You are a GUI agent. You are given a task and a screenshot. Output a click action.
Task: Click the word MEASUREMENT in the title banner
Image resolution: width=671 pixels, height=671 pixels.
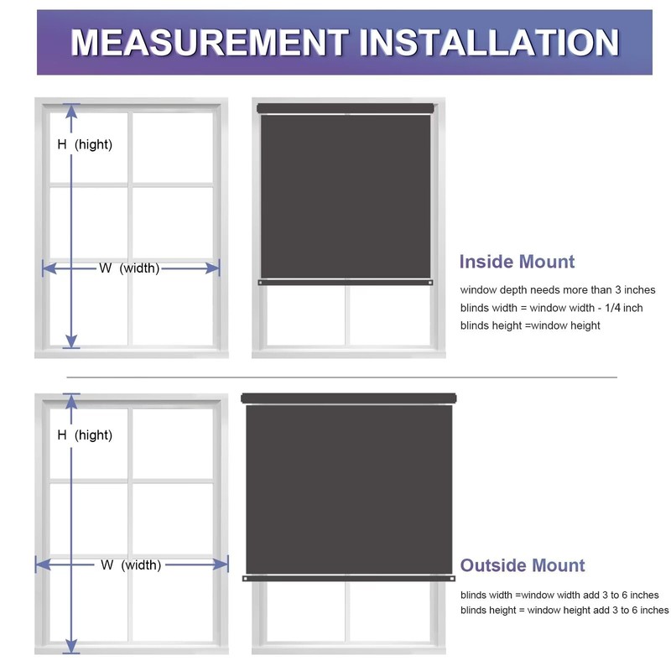tap(208, 42)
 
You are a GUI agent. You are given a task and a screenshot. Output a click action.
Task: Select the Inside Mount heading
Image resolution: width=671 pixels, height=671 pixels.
tap(517, 262)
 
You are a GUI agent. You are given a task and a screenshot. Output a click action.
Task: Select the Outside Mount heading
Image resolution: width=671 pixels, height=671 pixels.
tap(523, 565)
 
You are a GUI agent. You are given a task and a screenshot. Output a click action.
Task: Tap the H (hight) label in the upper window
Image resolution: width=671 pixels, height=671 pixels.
tap(85, 144)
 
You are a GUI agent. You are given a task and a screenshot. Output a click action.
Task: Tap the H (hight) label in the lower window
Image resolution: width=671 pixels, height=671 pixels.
tap(85, 435)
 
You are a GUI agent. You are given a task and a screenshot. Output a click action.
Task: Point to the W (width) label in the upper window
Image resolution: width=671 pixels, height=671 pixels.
tap(129, 268)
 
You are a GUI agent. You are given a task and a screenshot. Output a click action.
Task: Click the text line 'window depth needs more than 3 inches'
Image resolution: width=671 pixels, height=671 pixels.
tap(557, 290)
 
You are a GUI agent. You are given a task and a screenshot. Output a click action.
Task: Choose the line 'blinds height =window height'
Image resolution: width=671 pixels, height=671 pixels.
tap(529, 325)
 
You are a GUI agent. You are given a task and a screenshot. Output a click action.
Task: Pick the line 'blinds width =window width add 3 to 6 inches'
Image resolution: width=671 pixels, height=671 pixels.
tap(559, 595)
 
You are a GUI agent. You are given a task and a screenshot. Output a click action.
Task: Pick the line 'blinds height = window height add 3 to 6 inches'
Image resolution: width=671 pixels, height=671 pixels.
tap(564, 611)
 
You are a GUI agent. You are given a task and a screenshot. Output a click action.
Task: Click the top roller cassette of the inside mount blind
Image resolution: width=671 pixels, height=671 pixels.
tap(346, 108)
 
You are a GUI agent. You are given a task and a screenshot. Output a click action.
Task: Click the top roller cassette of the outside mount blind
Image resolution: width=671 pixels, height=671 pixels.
tap(348, 398)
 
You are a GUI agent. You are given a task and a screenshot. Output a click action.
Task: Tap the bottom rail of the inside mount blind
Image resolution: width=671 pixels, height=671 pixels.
tap(346, 283)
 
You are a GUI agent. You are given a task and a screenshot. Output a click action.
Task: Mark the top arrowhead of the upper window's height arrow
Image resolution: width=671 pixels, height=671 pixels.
tap(71, 109)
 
